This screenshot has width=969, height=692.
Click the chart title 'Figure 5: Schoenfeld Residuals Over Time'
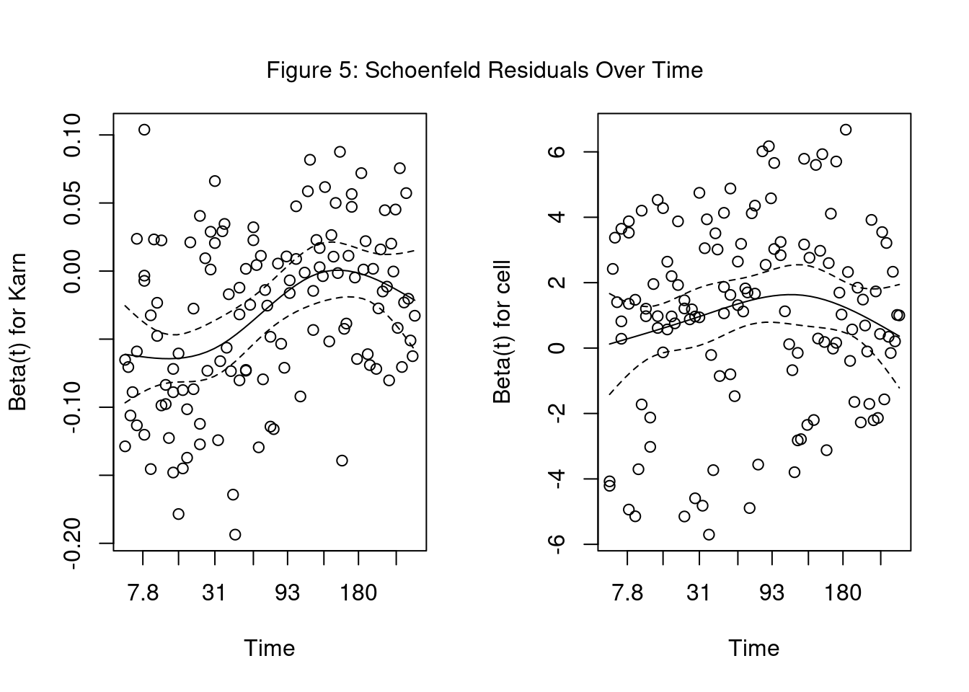coord(485,70)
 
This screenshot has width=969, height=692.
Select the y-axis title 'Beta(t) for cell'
coord(503,332)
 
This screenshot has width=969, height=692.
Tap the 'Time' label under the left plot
coord(270,648)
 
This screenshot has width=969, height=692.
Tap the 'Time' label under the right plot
coord(754,648)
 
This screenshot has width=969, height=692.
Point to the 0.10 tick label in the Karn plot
coord(75,135)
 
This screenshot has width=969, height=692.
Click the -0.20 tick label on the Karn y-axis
coord(75,543)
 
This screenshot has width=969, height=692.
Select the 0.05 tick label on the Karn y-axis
coord(75,203)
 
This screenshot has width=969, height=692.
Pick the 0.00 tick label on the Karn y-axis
coord(75,271)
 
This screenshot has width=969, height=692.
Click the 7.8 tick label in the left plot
coord(143,593)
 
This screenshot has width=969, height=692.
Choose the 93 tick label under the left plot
coord(288,593)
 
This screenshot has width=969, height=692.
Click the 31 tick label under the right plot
coord(698,593)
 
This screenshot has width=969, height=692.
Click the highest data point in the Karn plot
coord(144,130)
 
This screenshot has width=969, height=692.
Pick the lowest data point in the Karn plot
coord(235,534)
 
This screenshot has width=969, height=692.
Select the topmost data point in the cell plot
coord(846,130)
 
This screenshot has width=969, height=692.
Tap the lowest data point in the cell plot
coord(709,534)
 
